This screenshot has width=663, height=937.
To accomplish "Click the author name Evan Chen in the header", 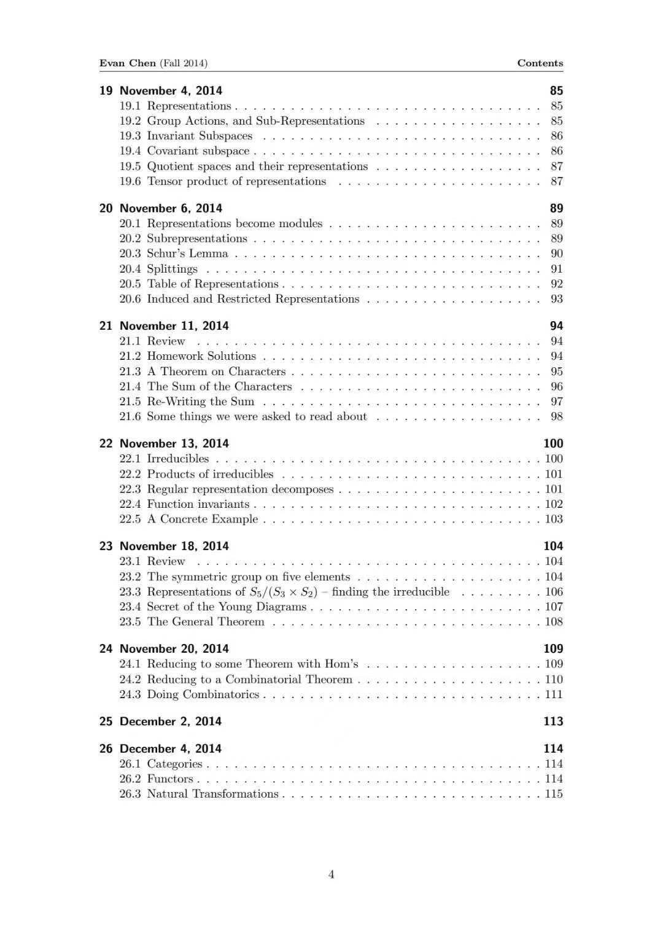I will coord(128,63).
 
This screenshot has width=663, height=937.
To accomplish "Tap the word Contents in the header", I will coord(540,63).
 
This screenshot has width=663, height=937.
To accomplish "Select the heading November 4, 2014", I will coord(171,91).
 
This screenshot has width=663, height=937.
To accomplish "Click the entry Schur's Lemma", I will coord(187,254).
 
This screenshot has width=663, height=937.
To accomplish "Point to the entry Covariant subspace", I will coord(198,151).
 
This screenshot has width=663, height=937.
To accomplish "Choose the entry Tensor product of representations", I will coord(236,181).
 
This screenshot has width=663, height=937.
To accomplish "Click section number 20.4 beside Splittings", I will coord(130,269).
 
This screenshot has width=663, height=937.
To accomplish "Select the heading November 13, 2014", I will coord(174,443).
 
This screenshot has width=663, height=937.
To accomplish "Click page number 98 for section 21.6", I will coord(556,416).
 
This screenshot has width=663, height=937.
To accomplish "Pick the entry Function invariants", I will coord(198,504).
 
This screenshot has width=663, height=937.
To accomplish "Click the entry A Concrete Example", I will coord(203,519).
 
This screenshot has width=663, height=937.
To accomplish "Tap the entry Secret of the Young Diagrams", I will coord(227,607).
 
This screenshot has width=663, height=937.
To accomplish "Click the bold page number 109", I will coord(552,648).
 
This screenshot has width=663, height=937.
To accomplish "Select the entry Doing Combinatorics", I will coord(203,694).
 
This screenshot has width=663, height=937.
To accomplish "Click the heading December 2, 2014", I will coord(170,721).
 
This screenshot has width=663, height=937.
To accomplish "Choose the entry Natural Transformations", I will coord(212,794).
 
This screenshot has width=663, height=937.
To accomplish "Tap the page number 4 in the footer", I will coord(331,874).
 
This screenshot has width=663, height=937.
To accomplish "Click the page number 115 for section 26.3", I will coord(554,794).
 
